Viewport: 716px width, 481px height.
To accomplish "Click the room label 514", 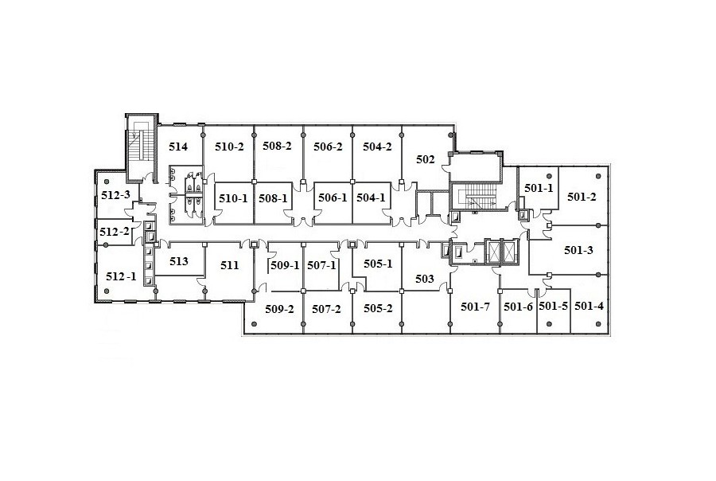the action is click(178, 147).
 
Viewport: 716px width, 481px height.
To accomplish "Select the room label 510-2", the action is click(229, 147).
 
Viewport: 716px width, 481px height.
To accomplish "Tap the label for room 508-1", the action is click(273, 198).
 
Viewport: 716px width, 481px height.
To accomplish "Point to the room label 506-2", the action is click(328, 147).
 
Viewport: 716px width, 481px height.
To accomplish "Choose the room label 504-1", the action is click(371, 198).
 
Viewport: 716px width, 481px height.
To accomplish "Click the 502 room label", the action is click(426, 159).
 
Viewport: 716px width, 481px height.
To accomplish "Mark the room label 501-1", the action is click(539, 188).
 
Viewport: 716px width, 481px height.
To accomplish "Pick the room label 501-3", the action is click(578, 250).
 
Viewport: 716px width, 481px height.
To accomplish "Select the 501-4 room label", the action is click(589, 306).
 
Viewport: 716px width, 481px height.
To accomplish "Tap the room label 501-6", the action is click(518, 307).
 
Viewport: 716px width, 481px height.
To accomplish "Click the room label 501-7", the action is click(476, 307).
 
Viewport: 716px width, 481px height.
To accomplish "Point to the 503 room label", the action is click(425, 279).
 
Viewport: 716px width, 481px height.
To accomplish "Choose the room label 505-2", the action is click(378, 309).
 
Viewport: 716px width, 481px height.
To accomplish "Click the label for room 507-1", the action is click(321, 265).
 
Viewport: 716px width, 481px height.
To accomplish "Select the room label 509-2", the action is click(279, 309).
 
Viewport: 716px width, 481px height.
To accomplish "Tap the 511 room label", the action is click(229, 265).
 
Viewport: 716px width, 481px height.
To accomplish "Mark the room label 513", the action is click(178, 261).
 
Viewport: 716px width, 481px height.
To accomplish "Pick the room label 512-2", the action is click(114, 232).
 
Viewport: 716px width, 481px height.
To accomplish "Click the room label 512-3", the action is click(115, 195).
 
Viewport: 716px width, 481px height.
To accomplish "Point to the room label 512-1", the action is click(121, 276).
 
